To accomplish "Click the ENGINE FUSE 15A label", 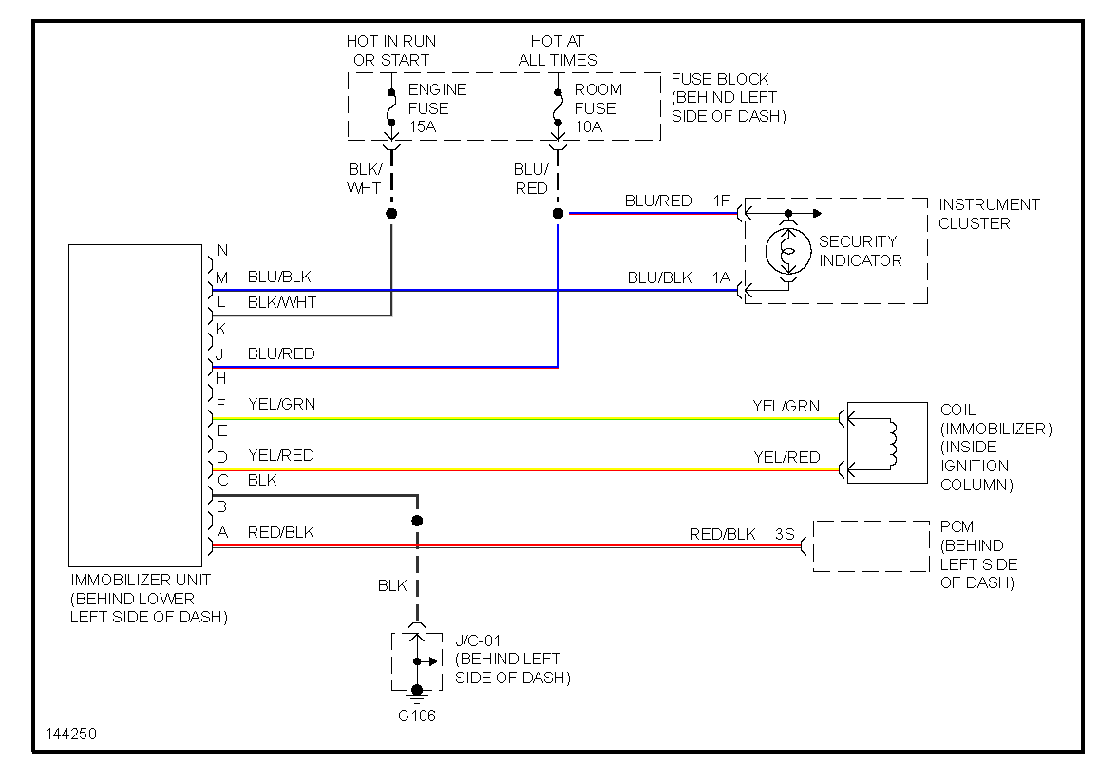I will [x=436, y=107].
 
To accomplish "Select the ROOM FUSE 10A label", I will [x=597, y=107].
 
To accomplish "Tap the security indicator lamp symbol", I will [x=787, y=251].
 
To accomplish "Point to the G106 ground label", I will [x=416, y=716].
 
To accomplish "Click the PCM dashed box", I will [x=871, y=545].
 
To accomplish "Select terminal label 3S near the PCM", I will [x=785, y=534].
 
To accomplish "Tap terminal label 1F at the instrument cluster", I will [x=722, y=201].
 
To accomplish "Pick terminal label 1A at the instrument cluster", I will [x=722, y=277].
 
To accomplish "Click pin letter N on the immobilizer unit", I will [x=222, y=251].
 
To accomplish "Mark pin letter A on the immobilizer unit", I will [x=222, y=532].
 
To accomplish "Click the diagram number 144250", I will [x=70, y=735].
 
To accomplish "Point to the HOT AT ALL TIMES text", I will [x=557, y=50].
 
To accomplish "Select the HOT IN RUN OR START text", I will [x=390, y=50].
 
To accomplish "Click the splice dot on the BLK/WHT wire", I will [x=391, y=214].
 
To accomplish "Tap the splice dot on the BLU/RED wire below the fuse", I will [x=558, y=214].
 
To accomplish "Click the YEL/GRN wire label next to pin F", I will [x=281, y=404].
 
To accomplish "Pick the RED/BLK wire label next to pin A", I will [x=280, y=532].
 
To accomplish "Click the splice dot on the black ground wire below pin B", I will [x=416, y=521].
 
